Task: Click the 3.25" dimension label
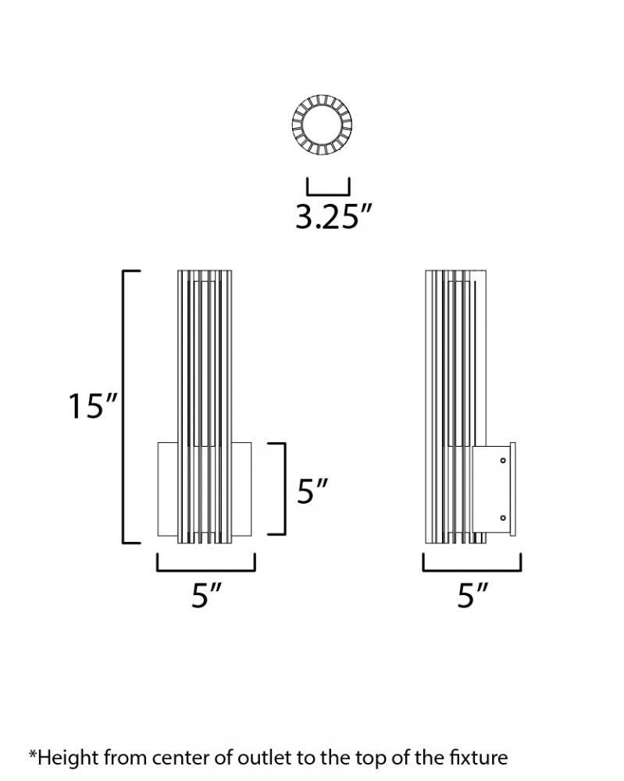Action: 333,217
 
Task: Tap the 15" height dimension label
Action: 93,406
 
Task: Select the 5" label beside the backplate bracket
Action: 312,491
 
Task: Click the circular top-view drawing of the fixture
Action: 323,123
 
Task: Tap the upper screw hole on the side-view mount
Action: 503,460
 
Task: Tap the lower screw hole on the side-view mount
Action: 503,518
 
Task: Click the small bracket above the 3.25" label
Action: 328,194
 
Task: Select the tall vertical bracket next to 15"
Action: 123,406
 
